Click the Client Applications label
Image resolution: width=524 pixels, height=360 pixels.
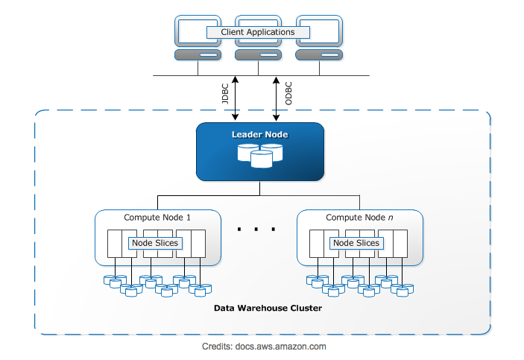point(258,32)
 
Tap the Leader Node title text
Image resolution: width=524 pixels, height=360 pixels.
point(259,134)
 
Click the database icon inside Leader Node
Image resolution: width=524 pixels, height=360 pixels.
point(260,155)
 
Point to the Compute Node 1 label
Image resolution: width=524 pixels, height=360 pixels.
point(157,218)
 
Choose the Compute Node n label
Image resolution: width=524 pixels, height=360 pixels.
point(359,218)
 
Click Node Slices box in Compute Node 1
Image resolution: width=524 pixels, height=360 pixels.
point(154,243)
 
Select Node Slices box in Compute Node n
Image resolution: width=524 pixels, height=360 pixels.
point(356,243)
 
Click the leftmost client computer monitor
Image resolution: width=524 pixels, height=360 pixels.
point(198,30)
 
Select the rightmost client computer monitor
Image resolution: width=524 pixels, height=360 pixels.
point(318,30)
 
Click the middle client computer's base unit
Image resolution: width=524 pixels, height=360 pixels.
point(258,55)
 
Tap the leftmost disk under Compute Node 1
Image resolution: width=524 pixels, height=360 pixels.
point(108,281)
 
